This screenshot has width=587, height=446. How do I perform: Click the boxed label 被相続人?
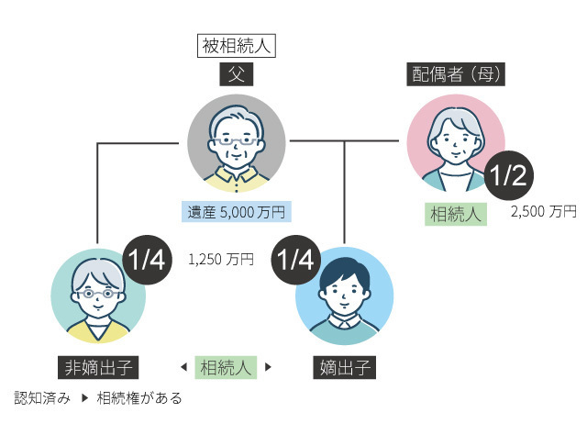tap(237, 43)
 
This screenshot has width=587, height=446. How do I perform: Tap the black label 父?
tap(237, 72)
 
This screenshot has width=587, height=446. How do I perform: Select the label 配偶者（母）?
tap(456, 74)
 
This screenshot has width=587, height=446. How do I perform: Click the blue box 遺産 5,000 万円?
tap(237, 212)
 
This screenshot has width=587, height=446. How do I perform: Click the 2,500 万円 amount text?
tap(544, 211)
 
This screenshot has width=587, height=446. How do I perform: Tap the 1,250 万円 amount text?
tap(221, 260)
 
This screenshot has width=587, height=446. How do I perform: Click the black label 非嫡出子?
tap(99, 368)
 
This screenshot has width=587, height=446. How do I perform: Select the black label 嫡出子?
tap(345, 368)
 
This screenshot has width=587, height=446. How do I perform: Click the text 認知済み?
tap(42, 398)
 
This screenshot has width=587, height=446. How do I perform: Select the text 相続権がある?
tap(139, 398)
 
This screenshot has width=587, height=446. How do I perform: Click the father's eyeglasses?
tap(237, 143)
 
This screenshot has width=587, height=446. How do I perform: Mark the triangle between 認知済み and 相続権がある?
tap(83, 398)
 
